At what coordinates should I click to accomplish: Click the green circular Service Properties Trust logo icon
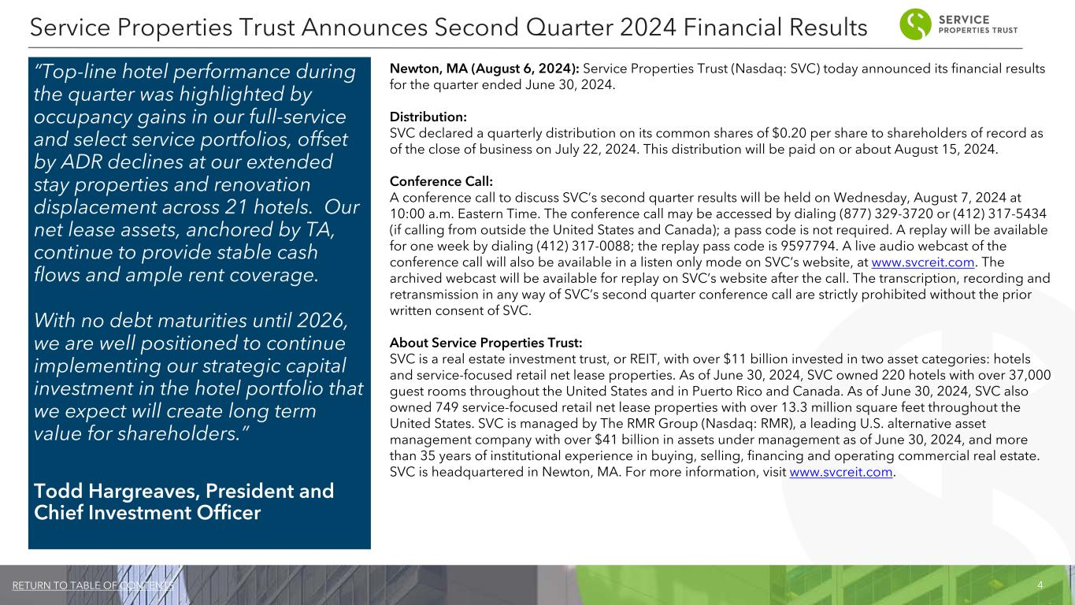point(914,24)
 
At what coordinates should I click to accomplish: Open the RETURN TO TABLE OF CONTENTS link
point(94,585)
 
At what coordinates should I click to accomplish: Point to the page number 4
point(1040,585)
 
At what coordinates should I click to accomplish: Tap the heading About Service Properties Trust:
point(486,343)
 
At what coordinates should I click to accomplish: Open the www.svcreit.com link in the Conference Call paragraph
point(917,262)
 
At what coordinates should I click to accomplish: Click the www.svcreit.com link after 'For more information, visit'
point(841,472)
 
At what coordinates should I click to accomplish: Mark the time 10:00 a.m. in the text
point(421,213)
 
